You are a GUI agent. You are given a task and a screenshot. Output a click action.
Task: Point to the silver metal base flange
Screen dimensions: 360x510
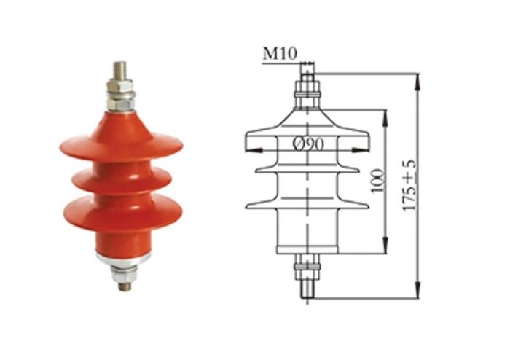click(122, 257)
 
